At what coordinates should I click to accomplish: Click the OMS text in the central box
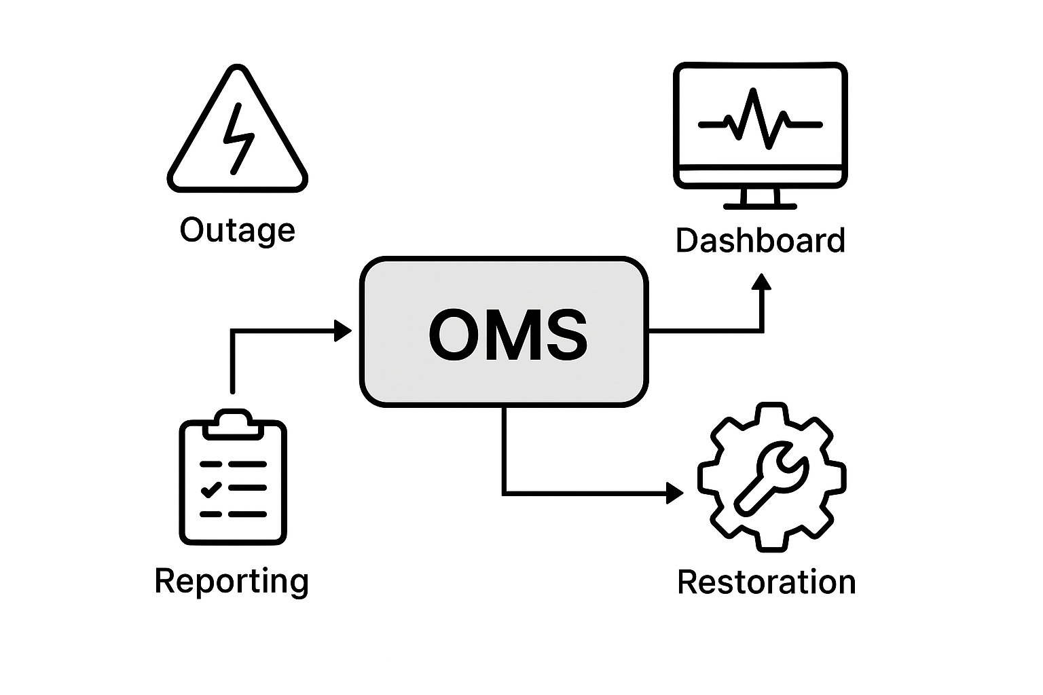(507, 335)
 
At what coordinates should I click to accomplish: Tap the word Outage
(237, 230)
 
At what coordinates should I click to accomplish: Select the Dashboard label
(760, 241)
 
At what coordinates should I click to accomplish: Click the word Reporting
(232, 582)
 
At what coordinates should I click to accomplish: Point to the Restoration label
(767, 582)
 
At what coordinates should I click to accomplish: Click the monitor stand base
(760, 204)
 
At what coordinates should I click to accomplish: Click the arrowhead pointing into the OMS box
(344, 331)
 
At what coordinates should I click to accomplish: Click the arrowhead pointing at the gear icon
(675, 493)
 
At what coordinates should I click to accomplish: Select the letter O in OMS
(456, 335)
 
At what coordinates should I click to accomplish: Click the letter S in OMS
(562, 335)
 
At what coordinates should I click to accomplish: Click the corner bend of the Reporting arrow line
(233, 331)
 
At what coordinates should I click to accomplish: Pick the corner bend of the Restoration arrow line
(505, 493)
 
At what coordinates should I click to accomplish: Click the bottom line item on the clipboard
(233, 514)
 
